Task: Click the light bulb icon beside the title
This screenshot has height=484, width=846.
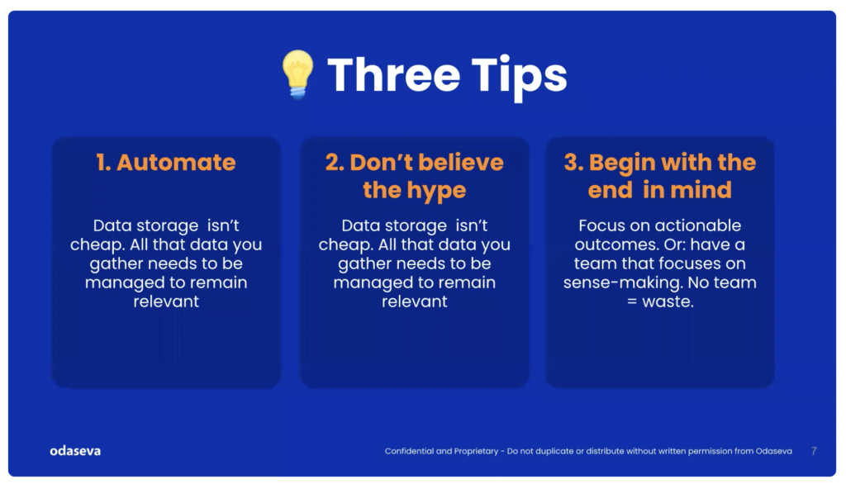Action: point(297,74)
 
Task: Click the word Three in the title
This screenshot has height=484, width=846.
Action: point(394,75)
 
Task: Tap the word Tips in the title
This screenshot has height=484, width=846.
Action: point(519,77)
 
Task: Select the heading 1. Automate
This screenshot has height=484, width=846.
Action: point(165,163)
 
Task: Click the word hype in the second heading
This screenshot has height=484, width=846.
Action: point(436,191)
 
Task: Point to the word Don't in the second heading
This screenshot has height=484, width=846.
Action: point(382,163)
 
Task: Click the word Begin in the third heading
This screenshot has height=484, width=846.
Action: point(622,164)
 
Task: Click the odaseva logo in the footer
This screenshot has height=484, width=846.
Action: point(75,450)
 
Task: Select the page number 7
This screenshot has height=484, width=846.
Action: point(814,451)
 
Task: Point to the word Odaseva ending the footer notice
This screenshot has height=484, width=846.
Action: point(773,451)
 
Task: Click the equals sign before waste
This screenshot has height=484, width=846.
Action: point(632,301)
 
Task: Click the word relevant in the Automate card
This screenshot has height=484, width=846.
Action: point(166,301)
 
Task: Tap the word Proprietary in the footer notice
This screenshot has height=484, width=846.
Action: point(476,452)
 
